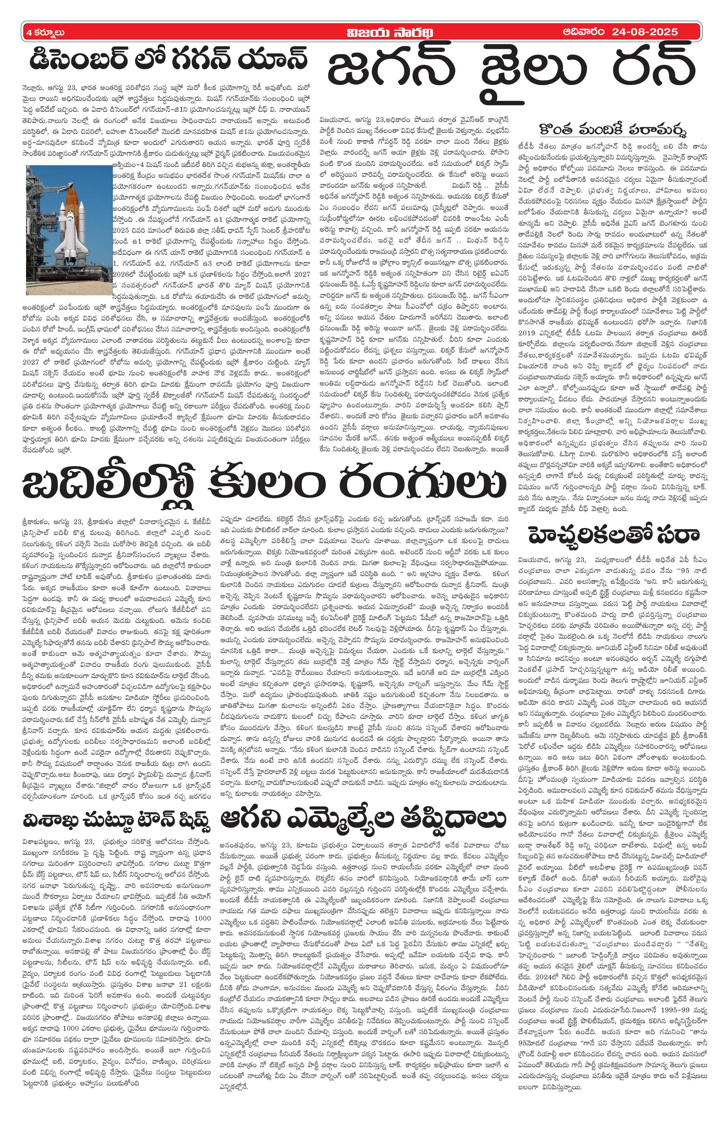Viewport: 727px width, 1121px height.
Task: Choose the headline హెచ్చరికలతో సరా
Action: pyautogui.click(x=613, y=535)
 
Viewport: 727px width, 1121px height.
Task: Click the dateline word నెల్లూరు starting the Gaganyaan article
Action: pyautogui.click(x=34, y=88)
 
